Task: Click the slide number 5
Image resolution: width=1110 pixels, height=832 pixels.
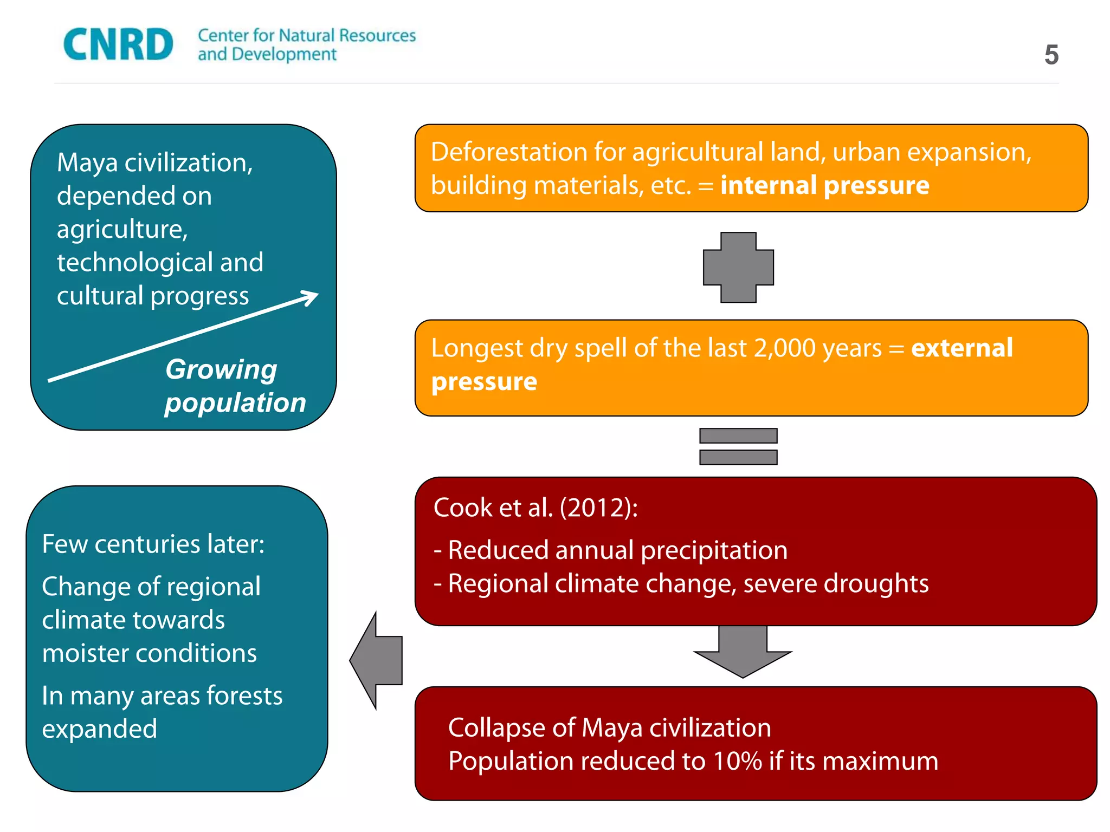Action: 1051,55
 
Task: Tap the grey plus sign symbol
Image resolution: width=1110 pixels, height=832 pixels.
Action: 738,267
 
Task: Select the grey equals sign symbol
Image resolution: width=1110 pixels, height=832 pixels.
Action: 738,446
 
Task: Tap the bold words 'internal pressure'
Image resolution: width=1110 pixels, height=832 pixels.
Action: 824,186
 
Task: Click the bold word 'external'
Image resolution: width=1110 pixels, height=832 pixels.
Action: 961,348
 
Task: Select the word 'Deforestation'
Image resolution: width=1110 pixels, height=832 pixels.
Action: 509,152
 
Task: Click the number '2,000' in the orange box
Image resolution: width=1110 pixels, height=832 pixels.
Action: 785,348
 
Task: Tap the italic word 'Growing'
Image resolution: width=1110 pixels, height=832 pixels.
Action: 221,369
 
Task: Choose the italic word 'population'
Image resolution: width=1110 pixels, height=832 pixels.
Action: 235,404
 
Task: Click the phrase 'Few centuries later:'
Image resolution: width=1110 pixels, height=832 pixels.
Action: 153,544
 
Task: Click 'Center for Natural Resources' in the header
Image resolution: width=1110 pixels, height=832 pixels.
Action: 307,36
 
